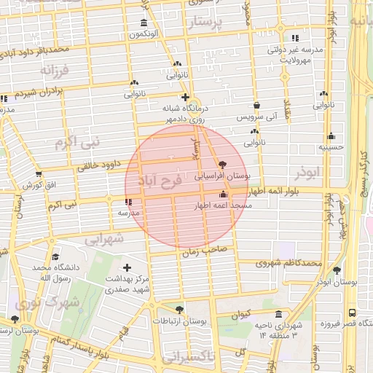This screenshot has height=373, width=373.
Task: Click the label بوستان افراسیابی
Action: pyautogui.click(x=223, y=176)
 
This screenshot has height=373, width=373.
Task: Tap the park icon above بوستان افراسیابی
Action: pyautogui.click(x=222, y=165)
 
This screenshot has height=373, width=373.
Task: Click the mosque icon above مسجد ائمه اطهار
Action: pyautogui.click(x=222, y=195)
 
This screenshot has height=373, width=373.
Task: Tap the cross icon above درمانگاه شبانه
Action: pyautogui.click(x=185, y=97)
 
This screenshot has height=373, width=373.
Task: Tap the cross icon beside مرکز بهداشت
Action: pyautogui.click(x=128, y=268)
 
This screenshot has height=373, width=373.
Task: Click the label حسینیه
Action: pyautogui.click(x=331, y=147)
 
